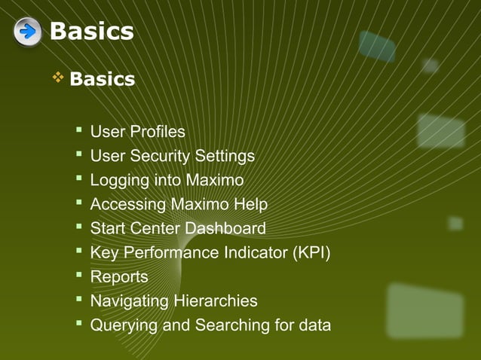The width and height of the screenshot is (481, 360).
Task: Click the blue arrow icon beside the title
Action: click(27, 32)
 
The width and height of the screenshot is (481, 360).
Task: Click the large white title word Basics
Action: click(91, 32)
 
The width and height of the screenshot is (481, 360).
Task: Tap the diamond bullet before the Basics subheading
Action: click(56, 78)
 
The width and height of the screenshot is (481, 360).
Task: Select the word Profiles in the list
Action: click(158, 133)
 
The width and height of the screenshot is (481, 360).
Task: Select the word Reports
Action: click(119, 277)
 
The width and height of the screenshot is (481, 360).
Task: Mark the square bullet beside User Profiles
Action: click(78, 132)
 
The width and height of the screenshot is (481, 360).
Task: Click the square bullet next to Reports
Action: click(78, 276)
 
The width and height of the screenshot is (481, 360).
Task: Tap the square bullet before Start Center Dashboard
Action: click(78, 228)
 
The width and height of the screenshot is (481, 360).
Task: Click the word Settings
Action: click(225, 157)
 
